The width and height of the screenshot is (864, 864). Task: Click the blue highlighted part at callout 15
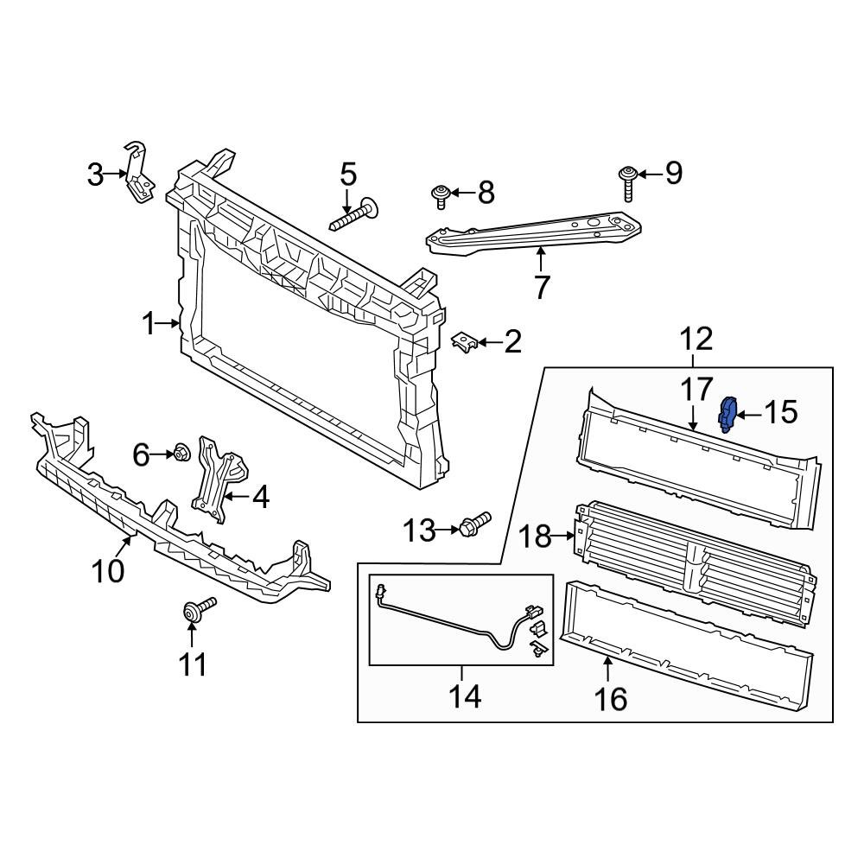click(727, 414)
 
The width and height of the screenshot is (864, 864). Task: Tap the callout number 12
click(696, 339)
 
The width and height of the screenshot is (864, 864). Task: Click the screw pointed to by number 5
click(355, 213)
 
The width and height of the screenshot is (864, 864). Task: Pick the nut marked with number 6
click(181, 452)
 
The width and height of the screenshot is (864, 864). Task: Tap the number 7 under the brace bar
click(542, 286)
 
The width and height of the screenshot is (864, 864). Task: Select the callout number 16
click(612, 697)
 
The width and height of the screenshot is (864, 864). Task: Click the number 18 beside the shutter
click(536, 537)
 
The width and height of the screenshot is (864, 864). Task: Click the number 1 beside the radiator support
click(149, 325)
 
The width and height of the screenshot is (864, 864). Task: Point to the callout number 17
click(696, 390)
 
